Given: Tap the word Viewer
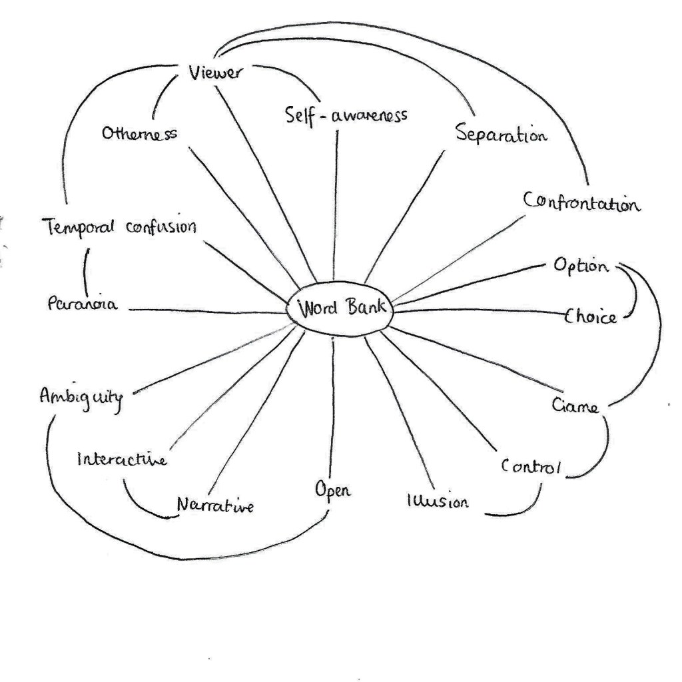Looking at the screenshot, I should coord(214,73).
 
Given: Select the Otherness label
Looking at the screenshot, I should coord(139,133).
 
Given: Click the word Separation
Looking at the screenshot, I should coord(502,134).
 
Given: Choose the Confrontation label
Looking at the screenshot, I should coord(582,202).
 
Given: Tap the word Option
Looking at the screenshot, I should coord(581,266).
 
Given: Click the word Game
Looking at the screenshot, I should coord(575,404).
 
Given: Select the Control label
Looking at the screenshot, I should coord(531,466).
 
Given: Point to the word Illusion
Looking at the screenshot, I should coord(437,501).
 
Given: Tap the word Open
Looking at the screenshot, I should coord(333,491).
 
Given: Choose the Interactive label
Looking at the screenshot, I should coord(122,459).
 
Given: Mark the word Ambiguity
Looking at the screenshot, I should coord(81,398).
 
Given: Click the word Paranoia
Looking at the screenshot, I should coord(83,304).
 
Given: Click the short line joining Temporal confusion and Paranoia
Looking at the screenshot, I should coord(85,266).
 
